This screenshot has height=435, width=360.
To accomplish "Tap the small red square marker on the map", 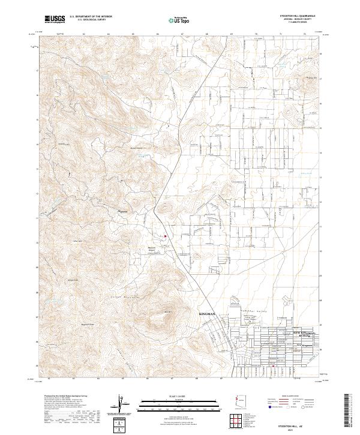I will [166, 235].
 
